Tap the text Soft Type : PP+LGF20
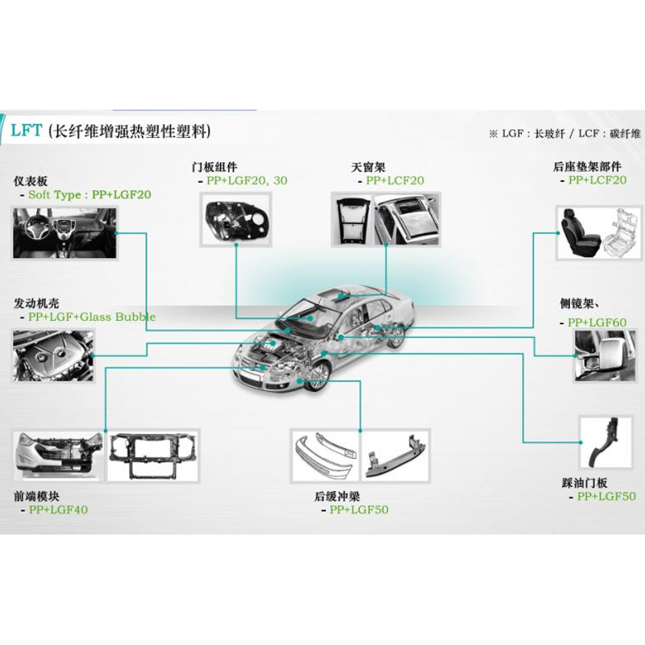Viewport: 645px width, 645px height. pyautogui.click(x=89, y=194)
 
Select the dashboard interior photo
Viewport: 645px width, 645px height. pyautogui.click(x=64, y=232)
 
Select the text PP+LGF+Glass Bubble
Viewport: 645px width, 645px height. pyautogui.click(x=91, y=317)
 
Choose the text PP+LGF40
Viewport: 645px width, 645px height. pyautogui.click(x=58, y=510)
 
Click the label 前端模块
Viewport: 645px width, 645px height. pyautogui.click(x=35, y=497)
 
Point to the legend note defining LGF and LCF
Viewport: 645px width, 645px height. pyautogui.click(x=563, y=132)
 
